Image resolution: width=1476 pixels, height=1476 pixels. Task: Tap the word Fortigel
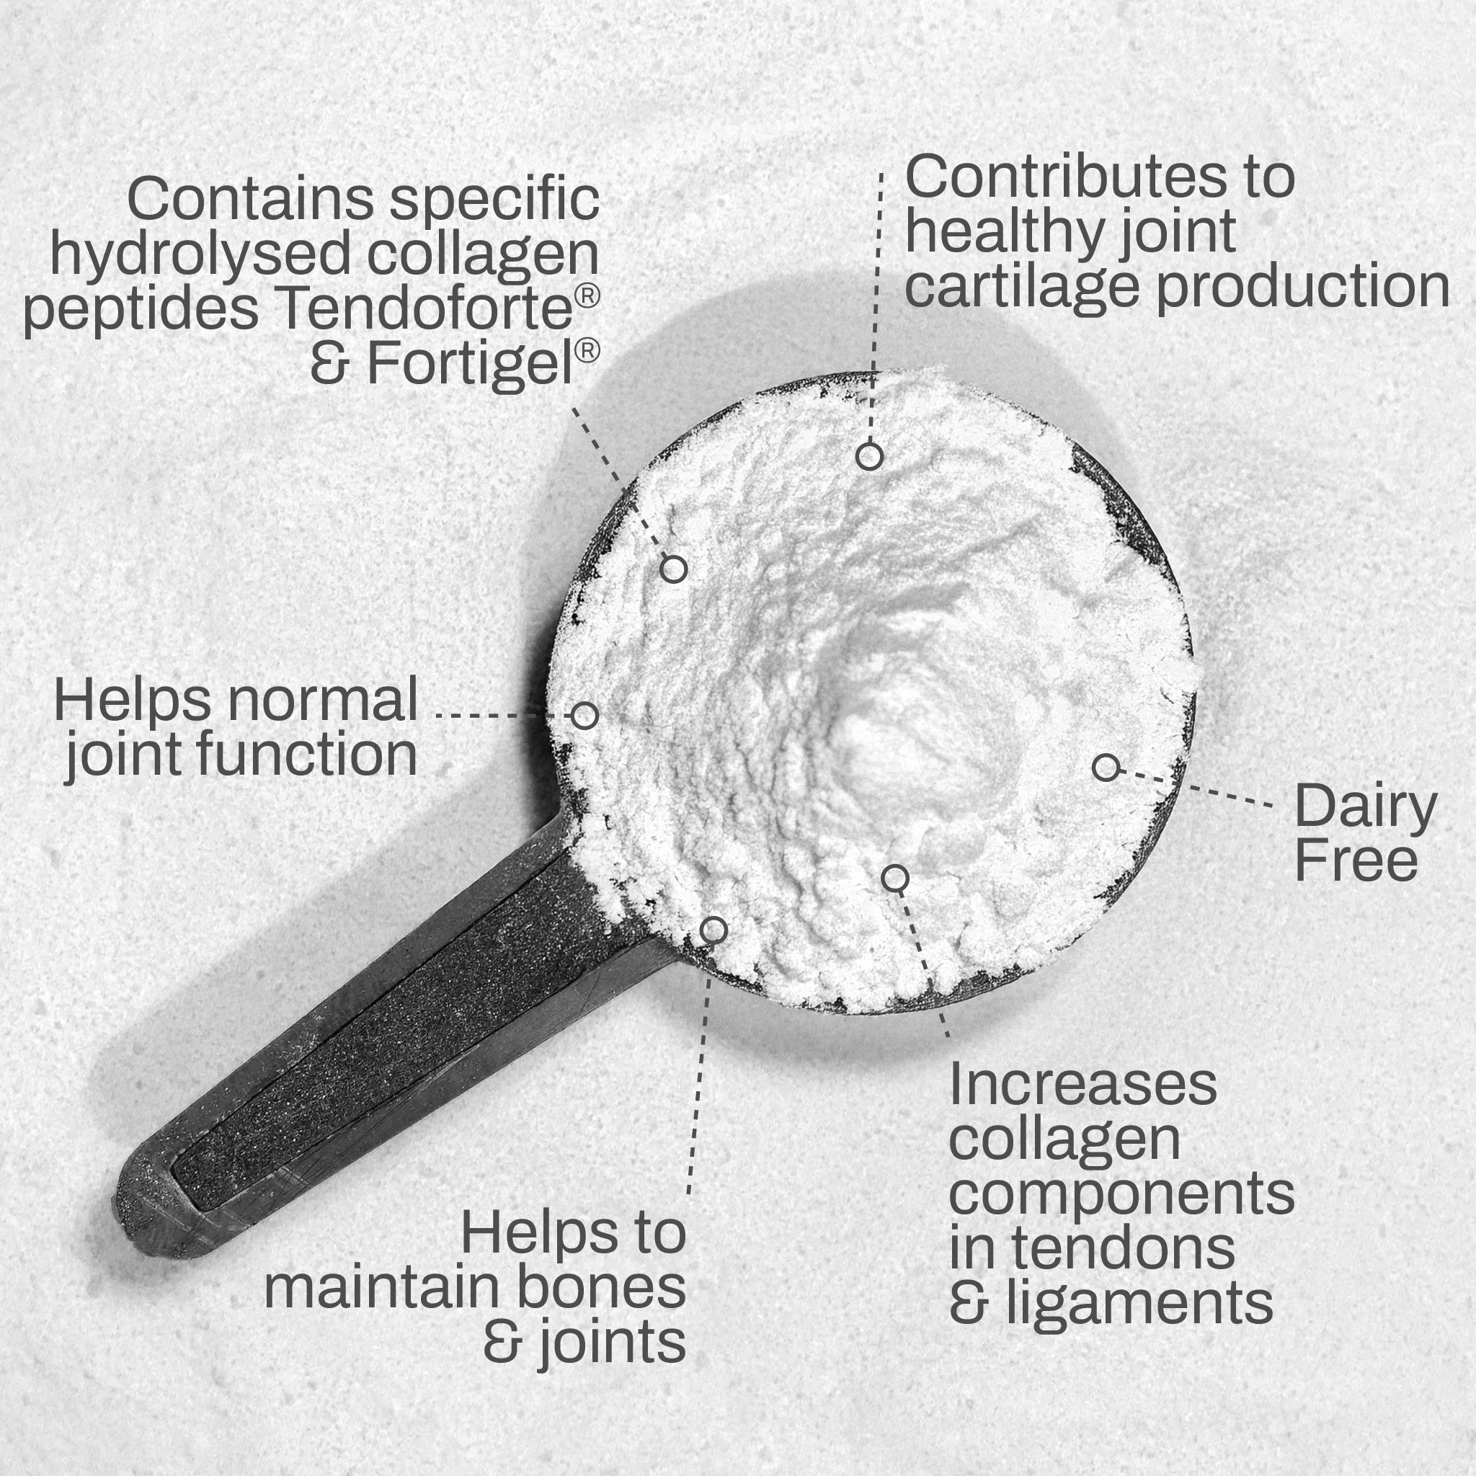(471, 365)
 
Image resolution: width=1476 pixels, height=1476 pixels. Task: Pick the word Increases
(1082, 1084)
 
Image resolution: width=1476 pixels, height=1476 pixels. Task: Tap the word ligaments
(1139, 1305)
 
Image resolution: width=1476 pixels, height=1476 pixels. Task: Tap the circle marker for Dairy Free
(1106, 767)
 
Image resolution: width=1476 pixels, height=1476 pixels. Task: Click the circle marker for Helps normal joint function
(584, 716)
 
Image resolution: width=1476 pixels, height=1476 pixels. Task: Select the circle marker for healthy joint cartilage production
(869, 456)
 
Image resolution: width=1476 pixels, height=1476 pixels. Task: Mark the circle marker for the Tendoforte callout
(673, 569)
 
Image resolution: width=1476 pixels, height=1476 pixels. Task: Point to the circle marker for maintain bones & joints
(713, 930)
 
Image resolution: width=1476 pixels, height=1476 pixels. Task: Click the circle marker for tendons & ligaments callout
(894, 879)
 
